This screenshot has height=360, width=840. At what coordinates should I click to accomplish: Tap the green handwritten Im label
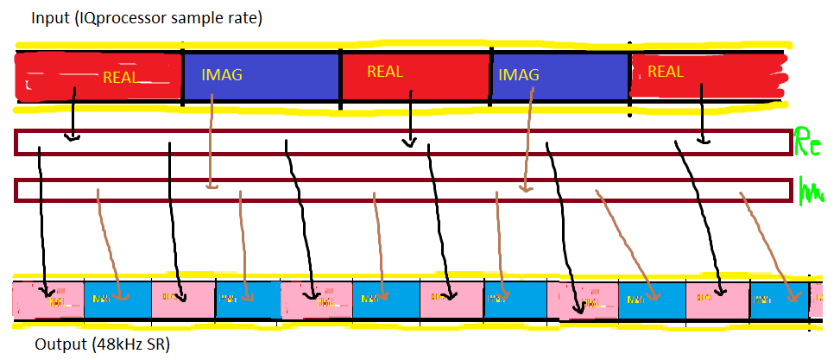coord(811,190)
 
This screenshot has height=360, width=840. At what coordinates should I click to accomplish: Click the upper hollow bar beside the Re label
coord(402,142)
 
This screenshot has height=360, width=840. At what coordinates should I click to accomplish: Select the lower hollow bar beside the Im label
coord(402,190)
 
